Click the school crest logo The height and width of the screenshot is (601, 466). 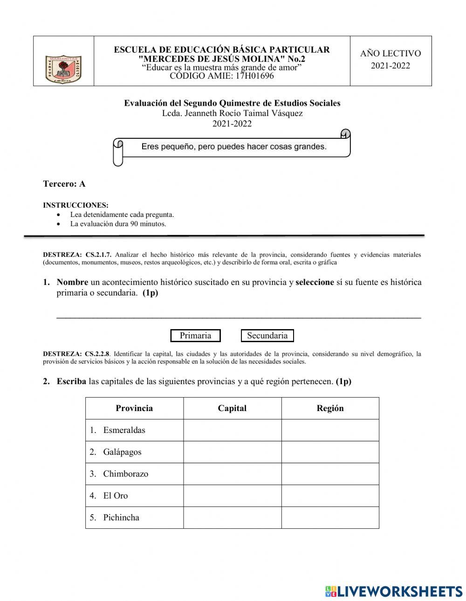pos(63,69)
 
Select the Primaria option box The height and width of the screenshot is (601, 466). pos(195,336)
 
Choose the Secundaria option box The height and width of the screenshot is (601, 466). pos(267,336)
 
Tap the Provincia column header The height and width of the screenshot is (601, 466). pos(134,408)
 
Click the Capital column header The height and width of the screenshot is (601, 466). pos(232,408)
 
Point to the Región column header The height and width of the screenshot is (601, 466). pos(330,408)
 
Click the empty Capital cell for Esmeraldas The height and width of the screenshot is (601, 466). pos(232,430)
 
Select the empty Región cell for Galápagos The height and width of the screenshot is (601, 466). pos(330,452)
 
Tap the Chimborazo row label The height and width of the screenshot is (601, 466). pos(125,474)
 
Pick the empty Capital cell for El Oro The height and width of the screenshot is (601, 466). pos(232,496)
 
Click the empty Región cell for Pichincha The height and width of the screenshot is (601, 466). pos(330,518)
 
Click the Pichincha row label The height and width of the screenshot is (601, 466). pos(121,518)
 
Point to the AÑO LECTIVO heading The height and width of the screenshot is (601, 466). pos(391,54)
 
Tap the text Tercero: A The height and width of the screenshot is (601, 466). pos(64,184)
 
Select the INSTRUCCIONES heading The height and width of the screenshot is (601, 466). pos(75,205)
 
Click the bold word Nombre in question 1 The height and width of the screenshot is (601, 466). pos(72,282)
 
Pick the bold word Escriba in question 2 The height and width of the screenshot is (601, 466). pos(71,382)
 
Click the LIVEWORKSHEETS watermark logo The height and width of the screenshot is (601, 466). pos(394,591)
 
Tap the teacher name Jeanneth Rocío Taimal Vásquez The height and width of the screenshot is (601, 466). pos(244,113)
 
